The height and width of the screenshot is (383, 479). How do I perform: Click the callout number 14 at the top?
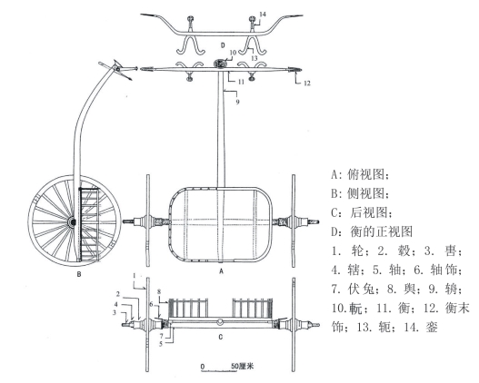coord(263,15)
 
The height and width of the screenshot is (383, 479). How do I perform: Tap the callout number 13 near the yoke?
coord(254,58)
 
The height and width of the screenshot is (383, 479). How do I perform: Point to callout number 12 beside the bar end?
coord(306,83)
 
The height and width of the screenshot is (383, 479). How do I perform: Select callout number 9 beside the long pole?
coord(237,102)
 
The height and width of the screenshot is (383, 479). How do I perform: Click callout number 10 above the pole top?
coord(233,53)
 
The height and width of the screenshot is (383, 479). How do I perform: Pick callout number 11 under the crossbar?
coord(241,82)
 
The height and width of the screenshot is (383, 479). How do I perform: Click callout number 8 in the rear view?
coord(159,292)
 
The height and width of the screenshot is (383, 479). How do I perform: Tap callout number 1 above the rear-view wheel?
coord(135,276)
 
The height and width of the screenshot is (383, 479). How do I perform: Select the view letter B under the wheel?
coord(79,274)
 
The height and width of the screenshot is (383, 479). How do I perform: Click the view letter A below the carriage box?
coord(222,270)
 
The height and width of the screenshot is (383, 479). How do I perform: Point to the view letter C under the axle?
coord(221,337)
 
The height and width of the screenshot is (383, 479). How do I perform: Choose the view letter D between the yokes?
coord(223,45)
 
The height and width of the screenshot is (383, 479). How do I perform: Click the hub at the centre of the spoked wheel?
coord(73,221)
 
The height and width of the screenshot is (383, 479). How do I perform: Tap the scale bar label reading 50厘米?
coord(243,366)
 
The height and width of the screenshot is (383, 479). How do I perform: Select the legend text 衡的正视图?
coord(382,231)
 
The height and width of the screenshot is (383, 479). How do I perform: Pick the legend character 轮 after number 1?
coord(357,251)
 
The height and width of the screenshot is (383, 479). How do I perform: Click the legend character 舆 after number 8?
coord(409,289)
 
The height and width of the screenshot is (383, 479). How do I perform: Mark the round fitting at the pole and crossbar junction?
coord(221,64)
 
